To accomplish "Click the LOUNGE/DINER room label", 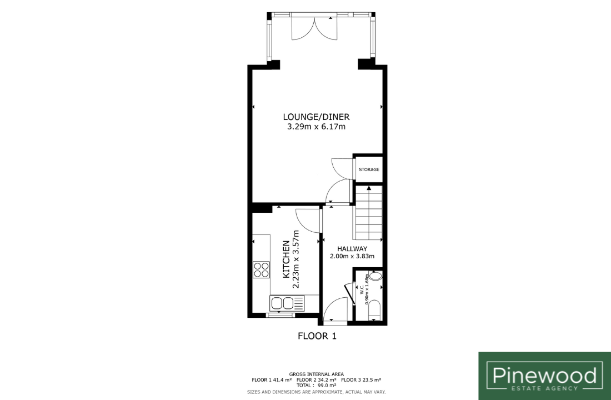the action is [316, 117].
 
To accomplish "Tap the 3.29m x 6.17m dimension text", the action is [316, 127].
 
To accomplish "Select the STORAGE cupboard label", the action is [369, 169].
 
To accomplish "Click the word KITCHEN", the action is [286, 259].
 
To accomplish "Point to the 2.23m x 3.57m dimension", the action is [296, 259].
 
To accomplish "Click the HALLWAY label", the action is [352, 249].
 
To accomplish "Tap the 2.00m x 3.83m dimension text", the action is [352, 256].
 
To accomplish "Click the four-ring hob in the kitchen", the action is [261, 269].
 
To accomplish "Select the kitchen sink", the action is [287, 303].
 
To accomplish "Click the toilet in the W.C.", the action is [374, 311].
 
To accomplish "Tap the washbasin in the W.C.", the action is [375, 277].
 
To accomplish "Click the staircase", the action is [368, 213].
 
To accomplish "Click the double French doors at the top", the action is [314, 27].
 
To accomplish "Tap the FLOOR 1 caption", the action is [317, 336].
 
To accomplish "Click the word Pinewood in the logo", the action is [544, 376].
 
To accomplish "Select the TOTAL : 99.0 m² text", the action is [317, 385].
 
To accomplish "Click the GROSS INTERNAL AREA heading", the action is [317, 374].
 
